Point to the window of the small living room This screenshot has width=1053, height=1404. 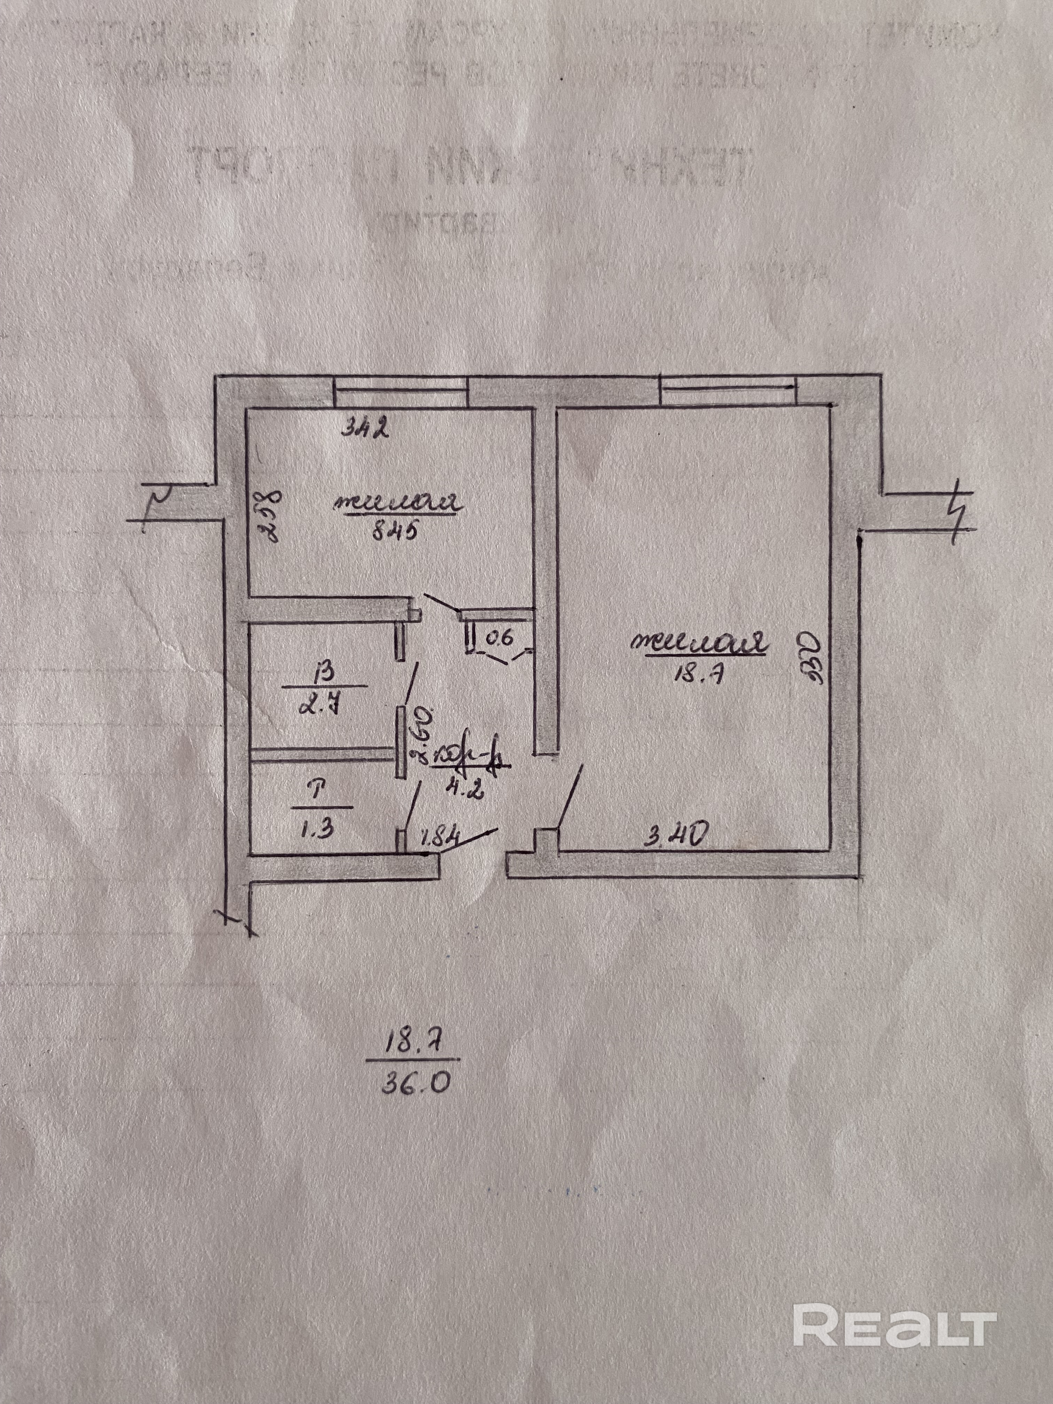[x=400, y=392]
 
